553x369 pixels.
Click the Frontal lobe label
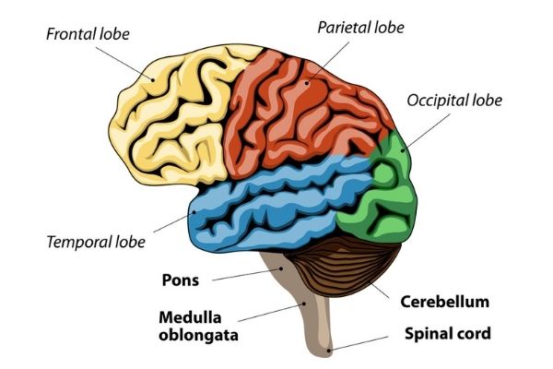[88, 35]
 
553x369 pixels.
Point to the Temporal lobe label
[96, 243]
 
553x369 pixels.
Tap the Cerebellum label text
[444, 302]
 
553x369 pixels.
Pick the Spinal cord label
[448, 333]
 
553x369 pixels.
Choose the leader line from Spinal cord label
[369, 341]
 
